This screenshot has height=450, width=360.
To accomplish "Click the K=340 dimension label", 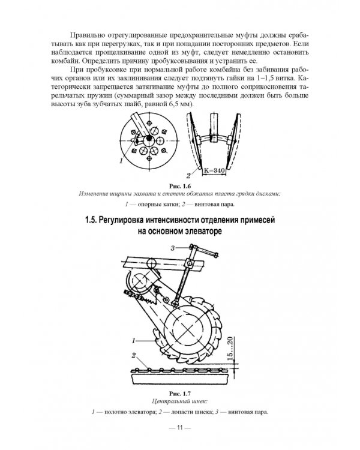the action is point(214,170).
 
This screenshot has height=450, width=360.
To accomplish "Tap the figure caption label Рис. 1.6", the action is point(180,186).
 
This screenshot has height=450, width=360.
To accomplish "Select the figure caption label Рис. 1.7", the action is point(180,393).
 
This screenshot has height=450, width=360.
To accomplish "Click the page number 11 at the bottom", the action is point(180,428).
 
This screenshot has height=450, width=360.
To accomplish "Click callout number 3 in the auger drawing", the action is point(173,248).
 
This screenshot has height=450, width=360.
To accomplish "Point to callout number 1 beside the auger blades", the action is point(133,341).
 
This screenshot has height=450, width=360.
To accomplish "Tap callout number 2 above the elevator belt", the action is point(133,356).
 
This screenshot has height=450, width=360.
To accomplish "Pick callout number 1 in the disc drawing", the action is point(121,161).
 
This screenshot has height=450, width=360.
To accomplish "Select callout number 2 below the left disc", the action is point(188,175).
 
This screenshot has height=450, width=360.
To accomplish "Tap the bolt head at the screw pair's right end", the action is point(216,254).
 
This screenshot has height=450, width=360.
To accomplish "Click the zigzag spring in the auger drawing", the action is point(145,299).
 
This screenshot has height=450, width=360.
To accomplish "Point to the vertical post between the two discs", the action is point(214,126).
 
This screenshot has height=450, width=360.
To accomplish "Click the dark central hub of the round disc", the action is point(148,139).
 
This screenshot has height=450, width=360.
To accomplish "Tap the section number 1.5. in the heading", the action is point(91,220).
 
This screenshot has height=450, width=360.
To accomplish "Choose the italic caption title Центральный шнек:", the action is point(180,401).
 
